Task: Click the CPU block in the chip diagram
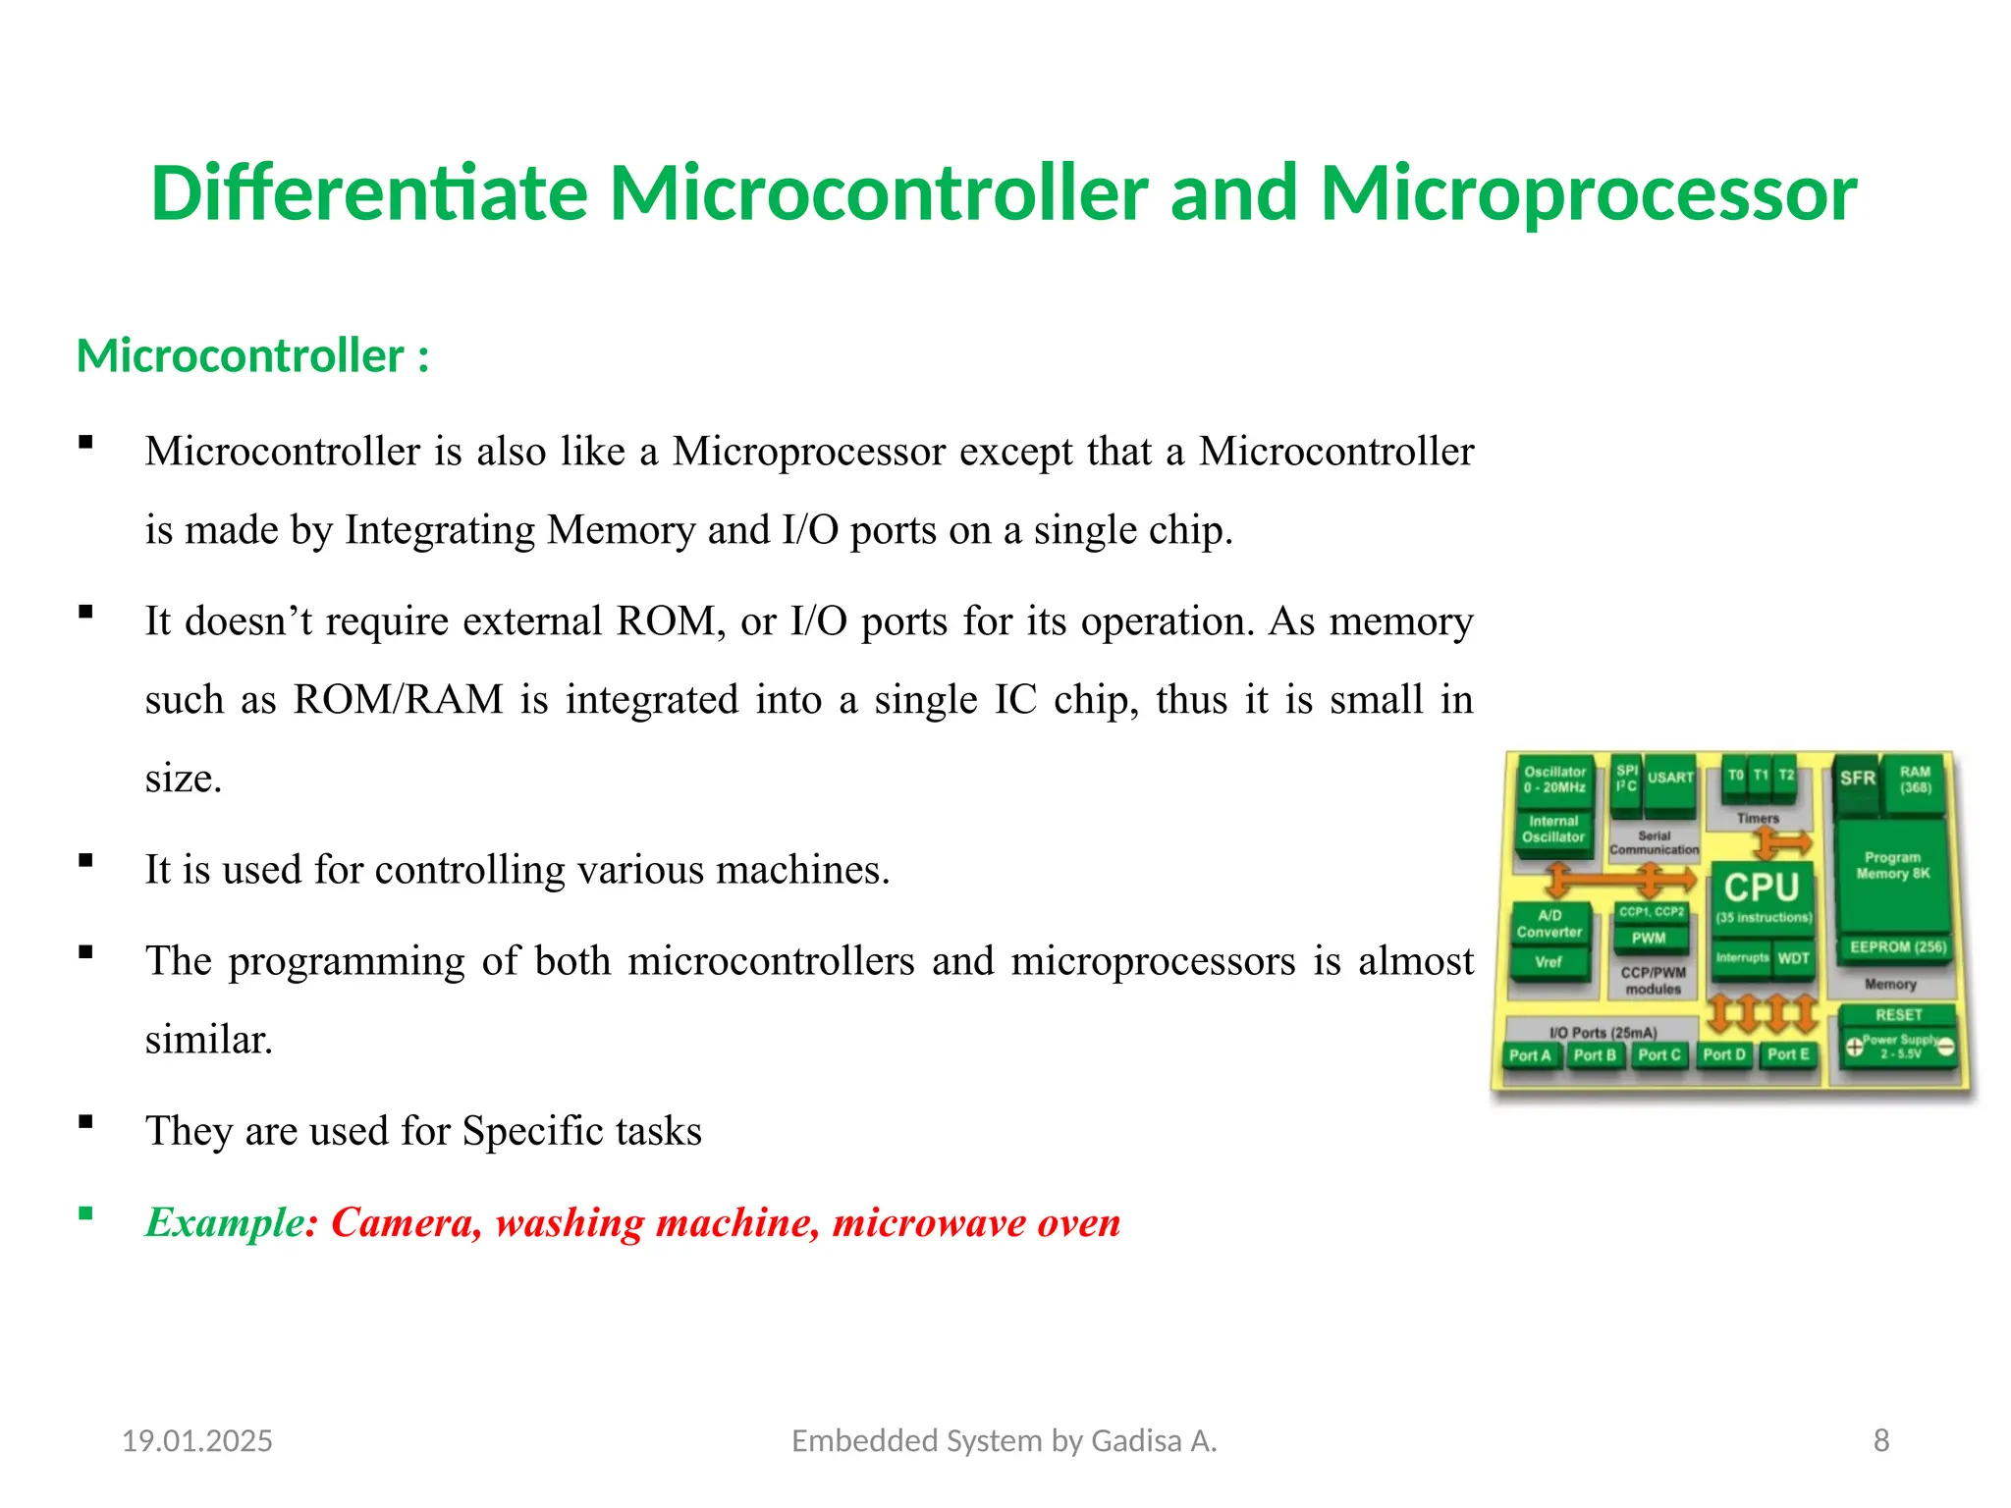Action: [1762, 894]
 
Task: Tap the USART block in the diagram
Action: [1670, 779]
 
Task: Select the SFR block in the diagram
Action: [1857, 780]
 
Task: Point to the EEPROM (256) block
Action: [1897, 947]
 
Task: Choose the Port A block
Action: [1530, 1055]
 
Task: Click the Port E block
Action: [1788, 1054]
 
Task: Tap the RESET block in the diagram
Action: [1898, 1015]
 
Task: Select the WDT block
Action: [1793, 958]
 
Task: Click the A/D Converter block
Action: [1549, 924]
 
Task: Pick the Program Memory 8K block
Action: [1893, 866]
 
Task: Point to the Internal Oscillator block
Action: [1553, 830]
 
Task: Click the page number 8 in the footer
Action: [1880, 1440]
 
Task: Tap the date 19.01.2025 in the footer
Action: [196, 1441]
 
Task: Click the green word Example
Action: [225, 1222]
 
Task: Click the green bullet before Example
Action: [86, 1213]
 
